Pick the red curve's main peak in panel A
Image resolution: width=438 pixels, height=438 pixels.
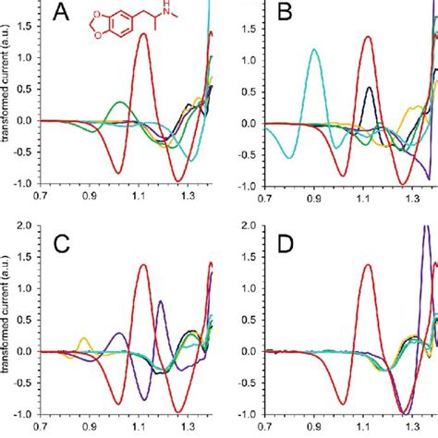pos(143,34)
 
